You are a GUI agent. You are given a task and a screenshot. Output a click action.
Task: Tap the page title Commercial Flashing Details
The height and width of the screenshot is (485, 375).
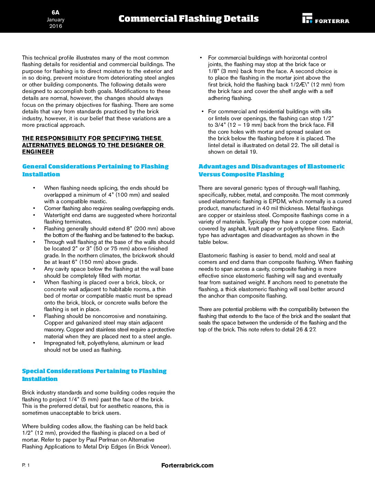[189, 19]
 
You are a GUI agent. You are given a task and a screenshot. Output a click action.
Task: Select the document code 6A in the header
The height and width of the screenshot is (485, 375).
[55, 12]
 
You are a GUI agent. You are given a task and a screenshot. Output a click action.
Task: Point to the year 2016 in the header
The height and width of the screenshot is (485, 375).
[55, 26]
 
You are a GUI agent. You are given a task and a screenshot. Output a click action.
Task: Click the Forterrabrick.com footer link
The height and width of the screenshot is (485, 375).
[187, 465]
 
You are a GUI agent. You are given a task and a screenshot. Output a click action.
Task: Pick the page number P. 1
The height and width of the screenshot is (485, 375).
[26, 465]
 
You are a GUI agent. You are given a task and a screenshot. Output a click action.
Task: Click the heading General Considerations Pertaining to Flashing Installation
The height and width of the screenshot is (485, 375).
[95, 170]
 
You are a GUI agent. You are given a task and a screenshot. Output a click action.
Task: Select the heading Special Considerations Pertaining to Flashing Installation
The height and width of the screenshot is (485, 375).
[94, 375]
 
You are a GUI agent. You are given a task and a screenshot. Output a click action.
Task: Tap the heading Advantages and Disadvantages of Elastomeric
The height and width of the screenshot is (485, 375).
[271, 167]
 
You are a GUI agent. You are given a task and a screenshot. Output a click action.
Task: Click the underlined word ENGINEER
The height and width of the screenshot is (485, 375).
[38, 152]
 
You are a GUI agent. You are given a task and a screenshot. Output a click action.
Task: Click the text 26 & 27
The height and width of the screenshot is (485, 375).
[306, 330]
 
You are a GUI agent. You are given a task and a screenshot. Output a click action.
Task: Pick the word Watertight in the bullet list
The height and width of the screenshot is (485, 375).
[58, 215]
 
